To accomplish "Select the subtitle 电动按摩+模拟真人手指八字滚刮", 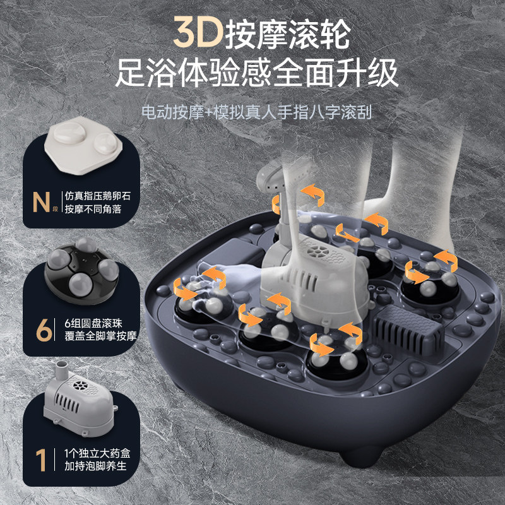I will tap(256, 113).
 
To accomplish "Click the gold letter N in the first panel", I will tap(42, 202).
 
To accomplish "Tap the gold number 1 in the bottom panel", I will tap(41, 459).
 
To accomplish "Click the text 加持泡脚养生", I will tap(95, 466).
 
